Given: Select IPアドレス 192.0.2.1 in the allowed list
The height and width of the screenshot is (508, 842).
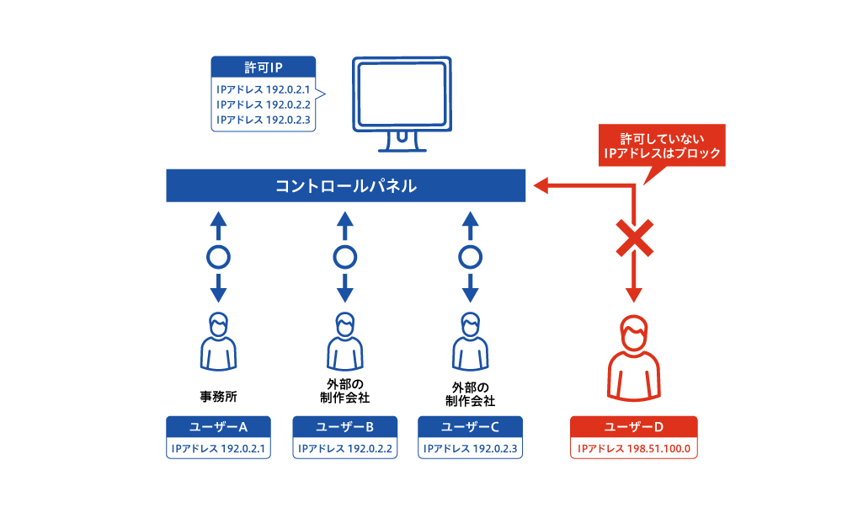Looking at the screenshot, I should (x=264, y=88).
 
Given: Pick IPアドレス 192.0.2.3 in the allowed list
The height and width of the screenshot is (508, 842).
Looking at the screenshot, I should (x=264, y=120).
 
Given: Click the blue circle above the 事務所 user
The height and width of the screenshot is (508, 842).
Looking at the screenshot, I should (x=218, y=256).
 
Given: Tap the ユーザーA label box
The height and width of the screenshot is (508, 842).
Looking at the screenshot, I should (x=218, y=426).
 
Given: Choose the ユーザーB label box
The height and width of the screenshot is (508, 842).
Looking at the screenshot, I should (x=344, y=426).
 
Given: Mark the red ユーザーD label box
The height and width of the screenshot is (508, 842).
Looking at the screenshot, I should (x=633, y=426).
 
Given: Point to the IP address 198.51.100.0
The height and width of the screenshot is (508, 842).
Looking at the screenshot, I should (x=633, y=448).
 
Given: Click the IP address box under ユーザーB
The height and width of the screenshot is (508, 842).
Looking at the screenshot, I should (x=344, y=448).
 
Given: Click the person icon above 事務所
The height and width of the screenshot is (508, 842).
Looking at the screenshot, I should (x=218, y=340).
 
